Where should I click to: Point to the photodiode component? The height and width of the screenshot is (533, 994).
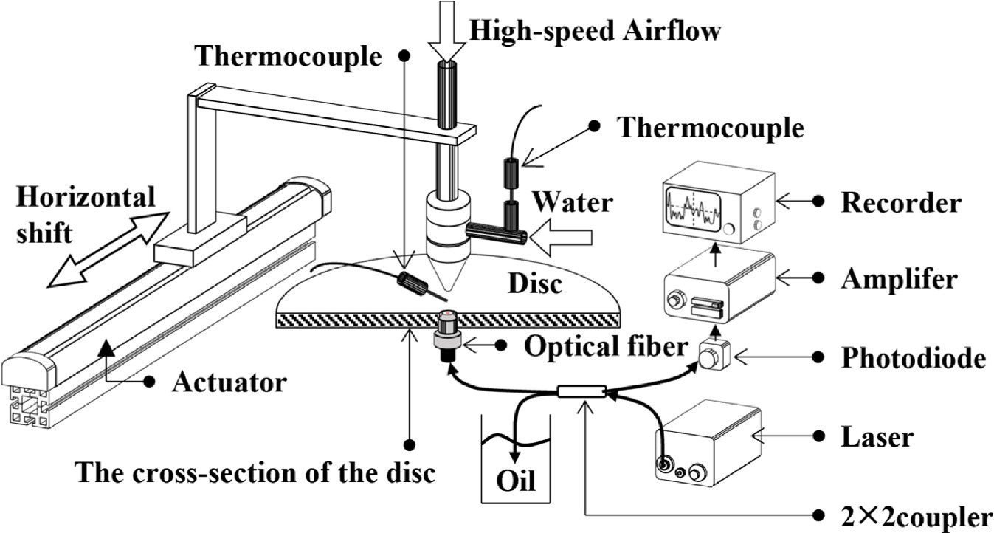tap(714, 357)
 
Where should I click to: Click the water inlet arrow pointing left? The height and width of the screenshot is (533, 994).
tap(562, 237)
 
